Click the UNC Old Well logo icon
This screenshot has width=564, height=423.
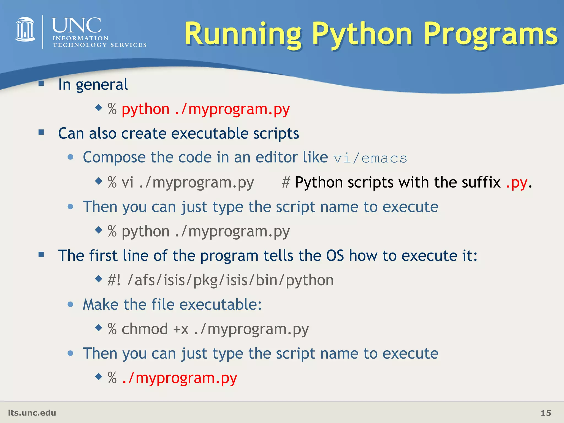[25, 29]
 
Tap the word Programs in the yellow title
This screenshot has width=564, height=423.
[490, 34]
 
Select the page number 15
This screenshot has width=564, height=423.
[546, 413]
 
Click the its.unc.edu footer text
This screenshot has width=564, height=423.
[32, 413]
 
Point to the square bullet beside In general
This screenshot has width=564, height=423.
[41, 83]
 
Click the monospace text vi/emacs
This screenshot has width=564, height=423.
[370, 158]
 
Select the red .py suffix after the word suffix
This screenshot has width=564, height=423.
[517, 183]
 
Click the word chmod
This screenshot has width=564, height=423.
[145, 329]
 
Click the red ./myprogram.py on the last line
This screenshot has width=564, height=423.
[179, 378]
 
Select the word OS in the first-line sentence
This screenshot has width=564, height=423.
[335, 256]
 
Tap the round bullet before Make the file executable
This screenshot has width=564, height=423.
[70, 304]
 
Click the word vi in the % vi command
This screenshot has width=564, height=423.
[128, 183]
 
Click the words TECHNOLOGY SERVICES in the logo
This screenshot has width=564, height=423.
[99, 45]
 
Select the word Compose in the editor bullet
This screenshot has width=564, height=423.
[114, 158]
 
